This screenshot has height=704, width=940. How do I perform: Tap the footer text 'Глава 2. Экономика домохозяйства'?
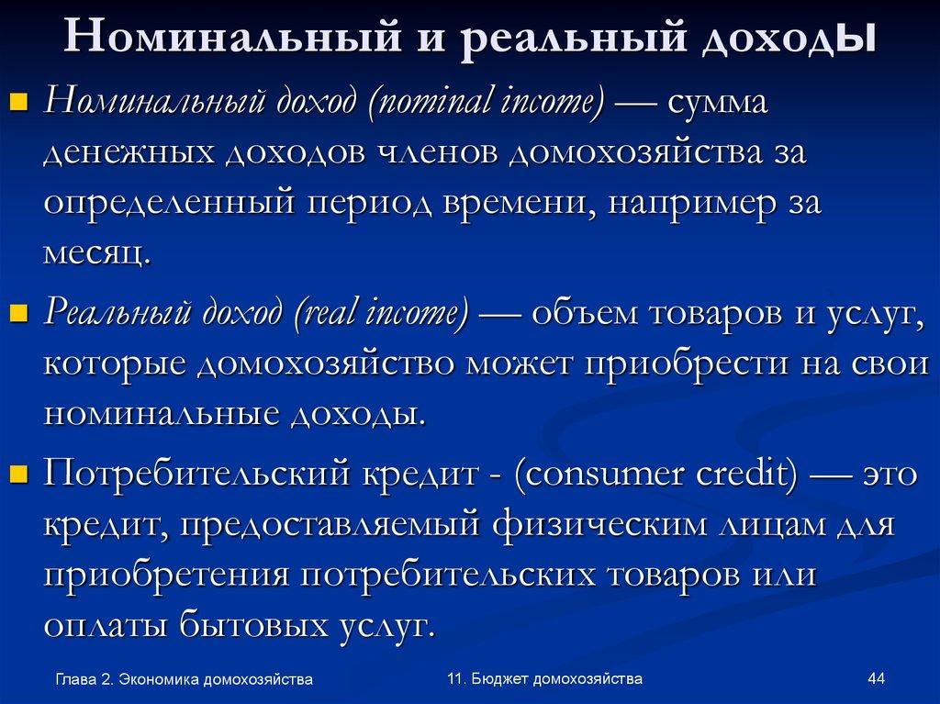pos(184,680)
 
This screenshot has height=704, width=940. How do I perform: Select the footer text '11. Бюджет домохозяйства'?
pos(544,679)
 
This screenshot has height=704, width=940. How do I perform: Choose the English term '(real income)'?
pos(383,315)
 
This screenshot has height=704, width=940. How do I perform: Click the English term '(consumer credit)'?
pos(655,475)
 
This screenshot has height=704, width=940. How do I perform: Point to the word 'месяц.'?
pos(95,252)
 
